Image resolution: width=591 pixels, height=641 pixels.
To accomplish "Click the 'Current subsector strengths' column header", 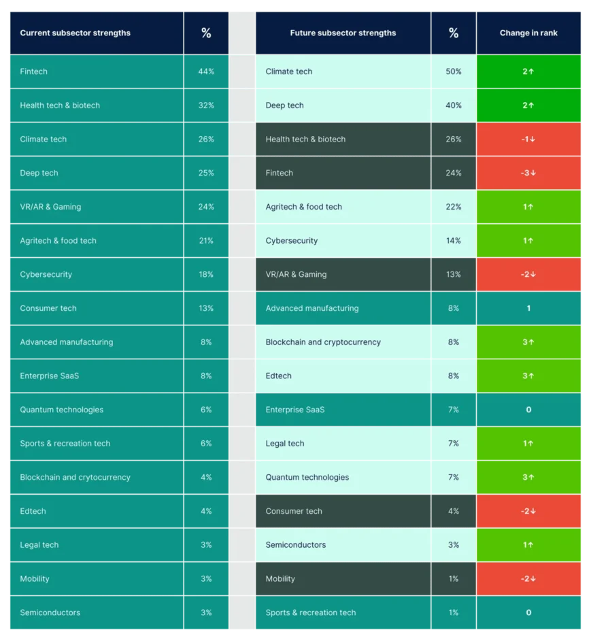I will pyautogui.click(x=75, y=33).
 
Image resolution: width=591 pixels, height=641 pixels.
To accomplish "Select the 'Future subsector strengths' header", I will pyautogui.click(x=343, y=33).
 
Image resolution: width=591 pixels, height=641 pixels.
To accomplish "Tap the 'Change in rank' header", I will pyautogui.click(x=528, y=33).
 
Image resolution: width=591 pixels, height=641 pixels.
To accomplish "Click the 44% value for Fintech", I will pyautogui.click(x=206, y=71).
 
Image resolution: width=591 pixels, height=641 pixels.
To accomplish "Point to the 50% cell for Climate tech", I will pyautogui.click(x=454, y=71).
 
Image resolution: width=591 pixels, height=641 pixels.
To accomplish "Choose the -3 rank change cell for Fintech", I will pyautogui.click(x=528, y=173).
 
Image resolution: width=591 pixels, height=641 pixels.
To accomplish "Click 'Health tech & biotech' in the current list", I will pyautogui.click(x=60, y=105).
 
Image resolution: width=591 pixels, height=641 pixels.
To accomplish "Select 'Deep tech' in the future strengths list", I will pyautogui.click(x=284, y=105).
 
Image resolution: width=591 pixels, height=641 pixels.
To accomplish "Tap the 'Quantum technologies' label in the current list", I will pyautogui.click(x=62, y=410).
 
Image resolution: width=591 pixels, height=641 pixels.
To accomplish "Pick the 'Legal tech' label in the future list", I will pyautogui.click(x=285, y=444).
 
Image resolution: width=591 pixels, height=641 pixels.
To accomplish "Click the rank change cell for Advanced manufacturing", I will pyautogui.click(x=528, y=308).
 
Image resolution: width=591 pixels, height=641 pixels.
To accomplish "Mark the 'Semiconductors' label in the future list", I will pyautogui.click(x=295, y=545).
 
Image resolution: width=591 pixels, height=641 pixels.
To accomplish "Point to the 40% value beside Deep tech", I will pyautogui.click(x=454, y=105).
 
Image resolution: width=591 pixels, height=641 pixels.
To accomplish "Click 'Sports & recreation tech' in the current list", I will pyautogui.click(x=65, y=444).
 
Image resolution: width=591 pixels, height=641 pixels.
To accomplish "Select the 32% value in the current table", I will pyautogui.click(x=206, y=105).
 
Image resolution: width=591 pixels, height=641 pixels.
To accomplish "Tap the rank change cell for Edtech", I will pyautogui.click(x=528, y=376).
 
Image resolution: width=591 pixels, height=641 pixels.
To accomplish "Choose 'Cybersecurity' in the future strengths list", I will pyautogui.click(x=292, y=241).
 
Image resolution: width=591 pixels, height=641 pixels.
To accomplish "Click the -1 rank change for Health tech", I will pyautogui.click(x=528, y=139).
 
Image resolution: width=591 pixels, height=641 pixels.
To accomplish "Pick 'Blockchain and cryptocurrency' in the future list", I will pyautogui.click(x=323, y=342).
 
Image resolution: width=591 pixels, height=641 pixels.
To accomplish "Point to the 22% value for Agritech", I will pyautogui.click(x=454, y=207).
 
